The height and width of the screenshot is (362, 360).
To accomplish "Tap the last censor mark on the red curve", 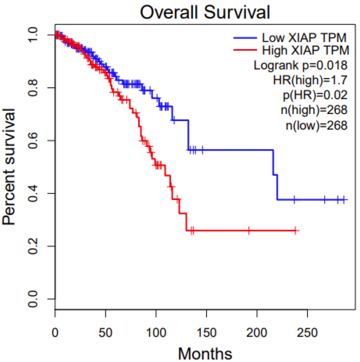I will pos(295,231).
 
